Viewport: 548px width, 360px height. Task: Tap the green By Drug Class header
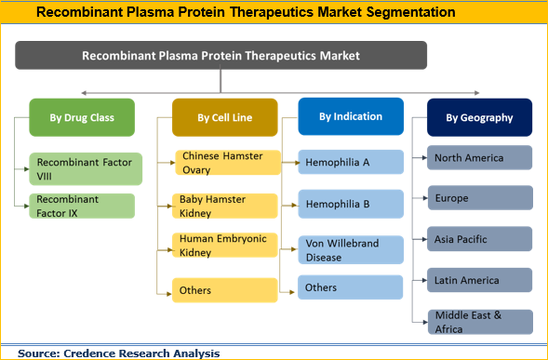(x=82, y=118)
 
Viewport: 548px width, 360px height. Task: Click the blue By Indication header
(x=351, y=117)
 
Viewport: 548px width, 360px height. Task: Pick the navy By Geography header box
(x=478, y=118)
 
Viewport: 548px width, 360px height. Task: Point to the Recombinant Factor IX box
(x=82, y=206)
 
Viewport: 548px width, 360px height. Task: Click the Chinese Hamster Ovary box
(x=229, y=162)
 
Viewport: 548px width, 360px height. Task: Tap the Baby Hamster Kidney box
(x=229, y=206)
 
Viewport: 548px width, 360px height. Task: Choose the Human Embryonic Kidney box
(x=229, y=245)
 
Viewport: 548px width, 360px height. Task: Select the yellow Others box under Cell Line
(x=229, y=290)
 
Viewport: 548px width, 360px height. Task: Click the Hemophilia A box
(x=351, y=163)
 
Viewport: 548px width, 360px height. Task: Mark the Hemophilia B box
(x=351, y=202)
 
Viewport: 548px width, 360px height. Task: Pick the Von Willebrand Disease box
(x=351, y=248)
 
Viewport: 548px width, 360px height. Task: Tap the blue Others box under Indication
(x=351, y=287)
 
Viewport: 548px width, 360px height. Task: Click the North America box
(x=480, y=157)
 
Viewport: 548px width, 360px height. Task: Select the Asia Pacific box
(x=480, y=238)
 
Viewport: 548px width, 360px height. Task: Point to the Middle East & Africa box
(x=480, y=321)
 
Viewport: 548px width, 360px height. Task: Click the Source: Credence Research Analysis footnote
(x=118, y=353)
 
